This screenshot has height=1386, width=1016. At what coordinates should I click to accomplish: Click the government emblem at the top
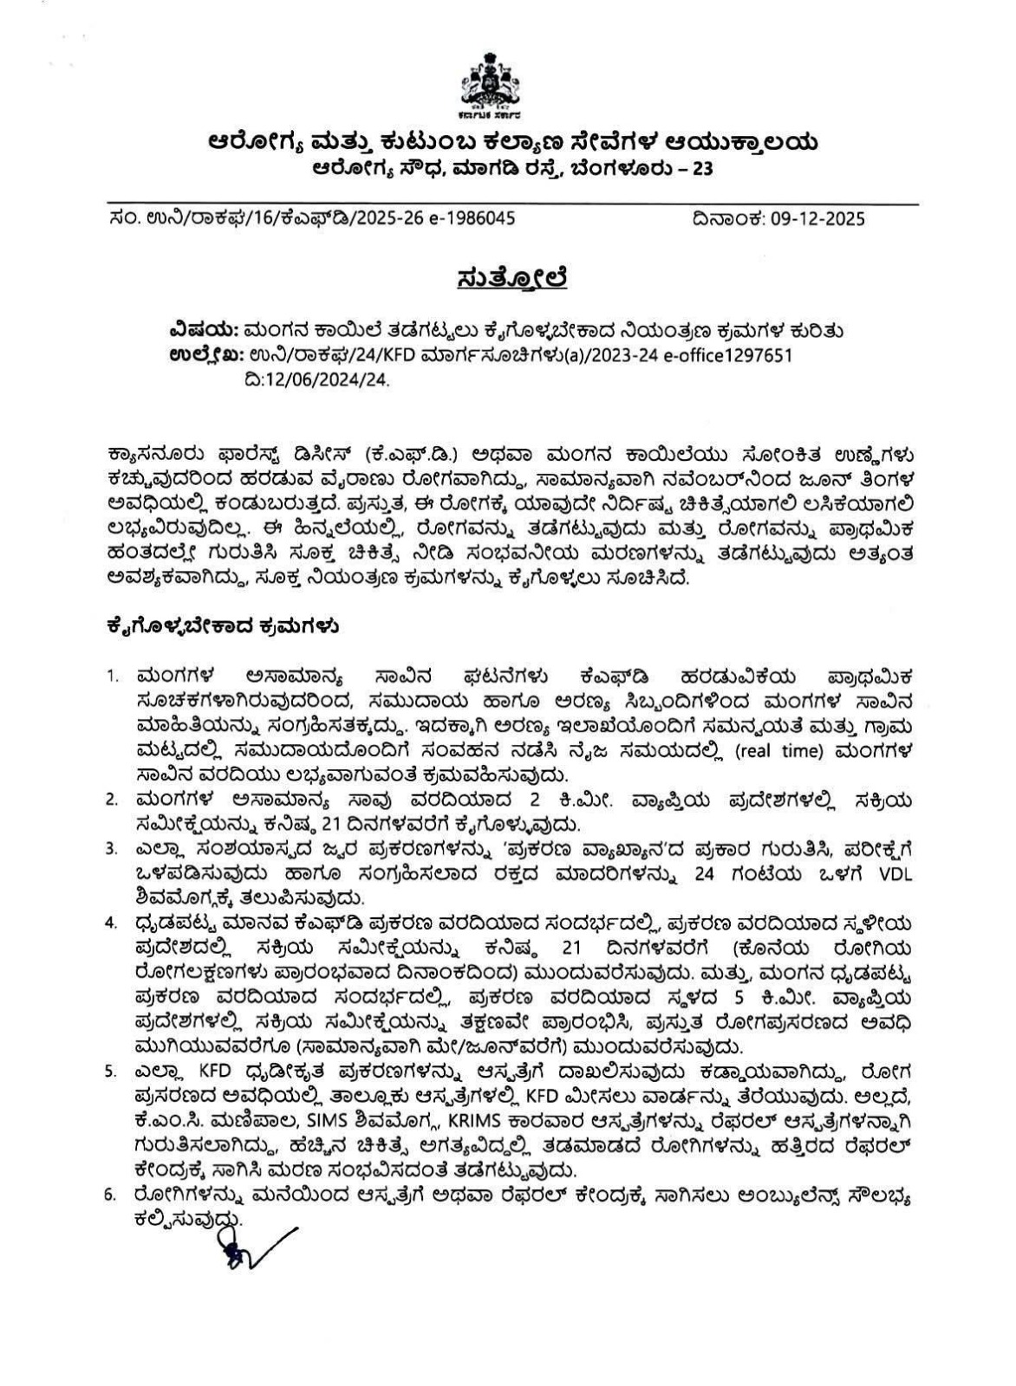pos(491,86)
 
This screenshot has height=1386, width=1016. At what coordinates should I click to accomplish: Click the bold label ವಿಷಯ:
pos(204,331)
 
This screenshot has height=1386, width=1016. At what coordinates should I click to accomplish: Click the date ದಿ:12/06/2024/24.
pos(318,379)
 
